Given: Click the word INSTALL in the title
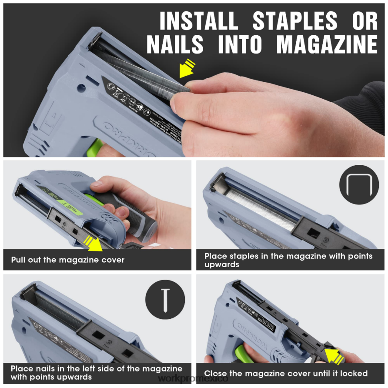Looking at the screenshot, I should point(198,21).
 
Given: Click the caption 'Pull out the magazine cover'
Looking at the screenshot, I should point(68,260).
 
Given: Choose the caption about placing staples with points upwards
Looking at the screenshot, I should point(288,260).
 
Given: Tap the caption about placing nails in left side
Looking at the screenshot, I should point(97,373).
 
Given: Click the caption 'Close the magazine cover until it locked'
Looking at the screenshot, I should point(286,373).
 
